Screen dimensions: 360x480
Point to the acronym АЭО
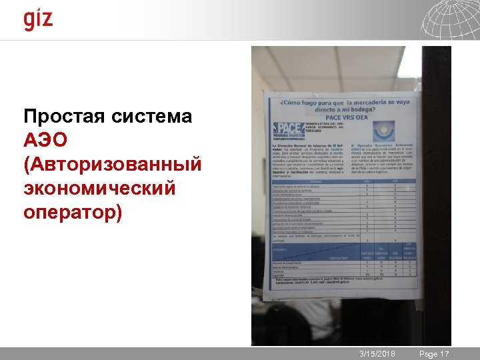[45, 141]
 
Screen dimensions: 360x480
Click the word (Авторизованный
[112, 165]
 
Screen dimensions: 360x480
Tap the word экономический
[99, 189]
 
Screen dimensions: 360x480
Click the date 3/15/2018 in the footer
[377, 354]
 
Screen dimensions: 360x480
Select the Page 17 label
[434, 354]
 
